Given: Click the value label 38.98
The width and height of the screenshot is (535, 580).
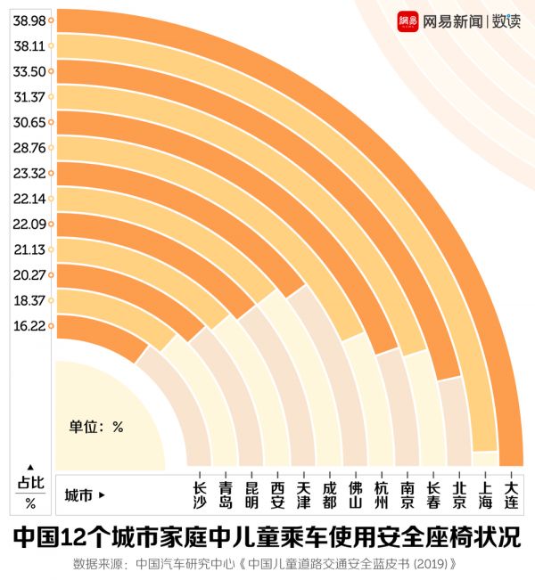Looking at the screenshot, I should (29, 20).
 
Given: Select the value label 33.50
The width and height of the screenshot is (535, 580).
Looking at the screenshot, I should (29, 71).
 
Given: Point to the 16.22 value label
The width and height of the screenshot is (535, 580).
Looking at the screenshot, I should (29, 326).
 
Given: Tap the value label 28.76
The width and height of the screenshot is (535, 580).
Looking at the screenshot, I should (29, 147).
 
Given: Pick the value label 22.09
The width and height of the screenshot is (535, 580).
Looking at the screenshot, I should (29, 224).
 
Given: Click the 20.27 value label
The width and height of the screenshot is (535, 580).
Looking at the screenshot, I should (29, 274).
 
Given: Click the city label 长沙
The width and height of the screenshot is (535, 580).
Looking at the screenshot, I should (200, 495).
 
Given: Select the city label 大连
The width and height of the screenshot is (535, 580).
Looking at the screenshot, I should (511, 495).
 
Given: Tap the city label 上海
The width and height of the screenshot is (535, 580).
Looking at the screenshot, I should (485, 495).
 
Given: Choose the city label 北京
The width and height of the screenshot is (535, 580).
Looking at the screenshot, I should (459, 495).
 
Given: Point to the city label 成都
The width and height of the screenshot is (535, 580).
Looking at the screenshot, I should (330, 495).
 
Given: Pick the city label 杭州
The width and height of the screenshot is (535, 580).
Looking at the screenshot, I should (382, 495).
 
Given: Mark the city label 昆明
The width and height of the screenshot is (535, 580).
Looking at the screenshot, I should (252, 495).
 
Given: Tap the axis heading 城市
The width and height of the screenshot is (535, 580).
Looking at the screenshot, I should (80, 495).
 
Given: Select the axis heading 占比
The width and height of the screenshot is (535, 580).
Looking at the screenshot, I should (30, 483).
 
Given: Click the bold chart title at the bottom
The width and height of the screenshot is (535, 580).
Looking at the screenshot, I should (267, 538).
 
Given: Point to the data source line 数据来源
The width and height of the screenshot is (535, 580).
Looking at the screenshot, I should (267, 564).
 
